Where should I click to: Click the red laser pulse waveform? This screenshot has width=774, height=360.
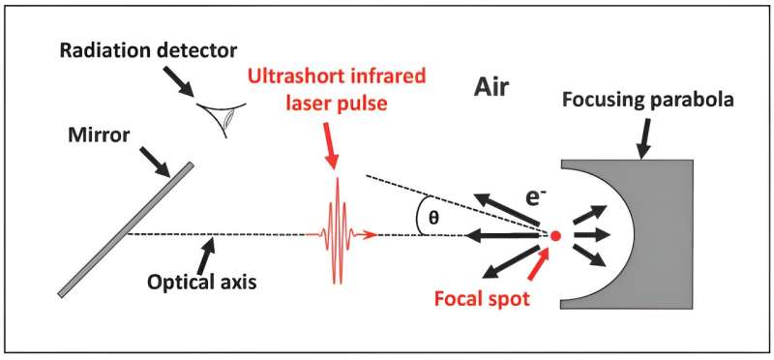[x=338, y=233]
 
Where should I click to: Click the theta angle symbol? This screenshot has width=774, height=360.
[x=434, y=218]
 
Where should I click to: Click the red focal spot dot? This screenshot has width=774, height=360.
[x=554, y=235]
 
